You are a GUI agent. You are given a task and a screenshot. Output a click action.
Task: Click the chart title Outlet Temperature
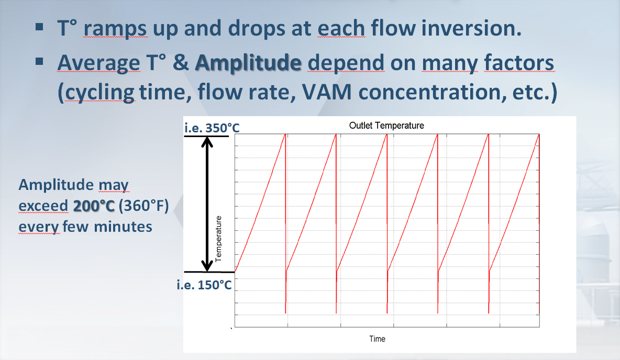[386, 126]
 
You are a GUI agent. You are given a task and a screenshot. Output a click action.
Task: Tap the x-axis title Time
[377, 339]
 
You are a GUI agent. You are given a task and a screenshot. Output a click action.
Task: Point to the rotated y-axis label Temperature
[218, 239]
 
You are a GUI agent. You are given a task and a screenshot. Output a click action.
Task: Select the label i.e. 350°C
[212, 128]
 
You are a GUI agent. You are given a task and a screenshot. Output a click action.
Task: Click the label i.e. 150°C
[204, 285]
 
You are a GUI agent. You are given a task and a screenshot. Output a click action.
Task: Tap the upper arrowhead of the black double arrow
[207, 141]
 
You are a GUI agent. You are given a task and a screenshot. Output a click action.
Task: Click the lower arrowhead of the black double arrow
[207, 266]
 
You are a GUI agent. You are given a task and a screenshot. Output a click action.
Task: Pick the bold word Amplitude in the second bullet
[248, 63]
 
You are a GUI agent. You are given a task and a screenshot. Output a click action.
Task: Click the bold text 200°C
[94, 206]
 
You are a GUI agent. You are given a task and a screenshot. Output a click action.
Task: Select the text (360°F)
[143, 206]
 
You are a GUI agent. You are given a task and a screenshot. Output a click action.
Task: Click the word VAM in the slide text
[327, 92]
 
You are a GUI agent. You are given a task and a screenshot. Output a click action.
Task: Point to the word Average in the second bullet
[99, 63]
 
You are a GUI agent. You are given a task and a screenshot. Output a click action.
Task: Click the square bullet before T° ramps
[39, 27]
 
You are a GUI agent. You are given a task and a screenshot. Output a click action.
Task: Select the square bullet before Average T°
[39, 61]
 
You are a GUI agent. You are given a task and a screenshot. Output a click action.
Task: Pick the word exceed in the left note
[43, 206]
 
